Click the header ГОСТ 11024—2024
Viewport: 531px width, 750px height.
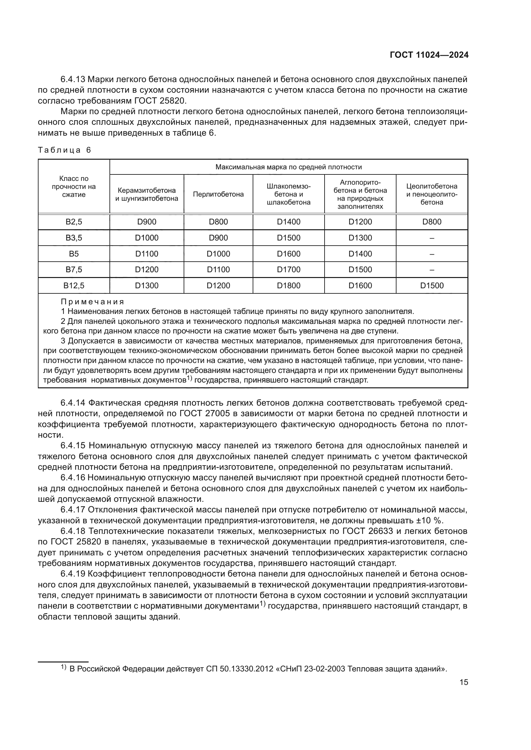pos(429,55)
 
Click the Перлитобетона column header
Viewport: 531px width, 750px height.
pos(218,194)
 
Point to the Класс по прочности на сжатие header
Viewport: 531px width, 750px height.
pos(74,187)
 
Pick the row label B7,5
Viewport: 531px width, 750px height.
pos(74,270)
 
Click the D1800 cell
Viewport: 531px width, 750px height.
pos(288,285)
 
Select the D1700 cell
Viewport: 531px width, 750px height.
pos(288,270)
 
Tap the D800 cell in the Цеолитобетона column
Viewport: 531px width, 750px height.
pos(431,222)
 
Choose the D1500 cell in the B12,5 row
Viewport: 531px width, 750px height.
pos(431,285)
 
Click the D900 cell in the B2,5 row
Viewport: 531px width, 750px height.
pos(146,222)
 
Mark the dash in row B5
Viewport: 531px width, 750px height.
pos(431,254)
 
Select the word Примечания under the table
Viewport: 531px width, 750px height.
pos(92,301)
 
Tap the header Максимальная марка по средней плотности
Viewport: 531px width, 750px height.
pos(288,167)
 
